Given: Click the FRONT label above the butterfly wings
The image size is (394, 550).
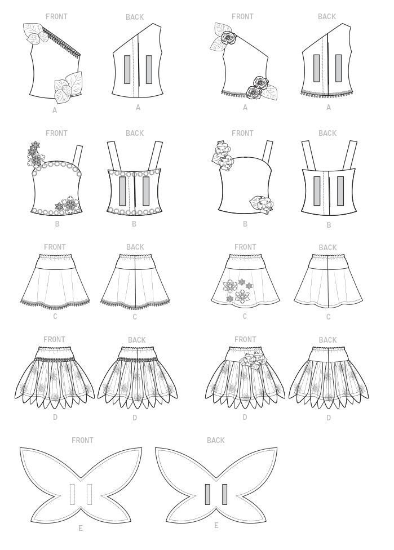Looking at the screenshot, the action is [x=82, y=440].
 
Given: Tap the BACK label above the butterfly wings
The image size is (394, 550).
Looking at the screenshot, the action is [x=215, y=440].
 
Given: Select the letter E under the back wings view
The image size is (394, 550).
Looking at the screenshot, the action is [x=216, y=525].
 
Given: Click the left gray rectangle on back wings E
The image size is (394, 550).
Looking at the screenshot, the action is [x=207, y=494].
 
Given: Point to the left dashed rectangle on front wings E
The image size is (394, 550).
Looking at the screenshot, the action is [x=73, y=495].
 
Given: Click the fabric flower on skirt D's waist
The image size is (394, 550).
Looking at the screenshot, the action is [x=251, y=360].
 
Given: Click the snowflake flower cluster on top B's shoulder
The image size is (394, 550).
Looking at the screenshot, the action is [x=35, y=154].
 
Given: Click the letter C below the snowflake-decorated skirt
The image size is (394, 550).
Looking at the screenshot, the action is [x=245, y=316].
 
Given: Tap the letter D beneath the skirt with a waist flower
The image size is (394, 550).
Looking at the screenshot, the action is [x=245, y=417].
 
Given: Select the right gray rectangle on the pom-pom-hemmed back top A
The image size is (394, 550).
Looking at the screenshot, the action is [x=338, y=68].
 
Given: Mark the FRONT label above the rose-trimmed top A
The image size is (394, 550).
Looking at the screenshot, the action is [x=242, y=16].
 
